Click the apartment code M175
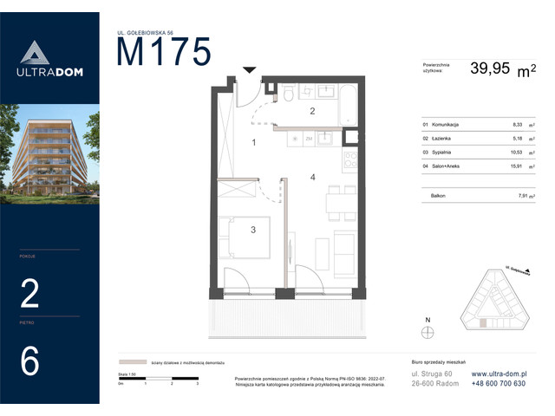(164, 54)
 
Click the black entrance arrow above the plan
(250, 70)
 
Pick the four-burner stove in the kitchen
(349, 159)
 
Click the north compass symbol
(426, 330)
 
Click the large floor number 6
(29, 361)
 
